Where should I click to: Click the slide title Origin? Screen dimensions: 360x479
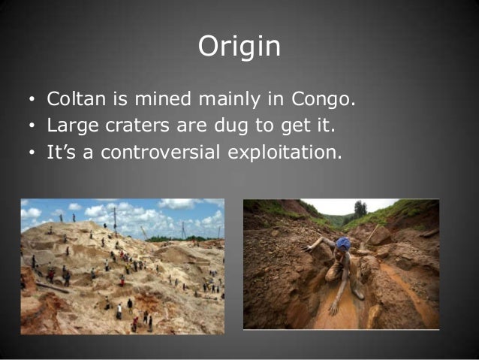[x=239, y=47]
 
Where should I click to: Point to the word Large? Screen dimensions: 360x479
[x=68, y=126]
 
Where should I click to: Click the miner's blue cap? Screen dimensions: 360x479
[x=343, y=244]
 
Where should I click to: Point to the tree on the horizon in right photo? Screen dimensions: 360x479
[x=361, y=207]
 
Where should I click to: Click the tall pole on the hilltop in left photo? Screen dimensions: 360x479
[x=115, y=219]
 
